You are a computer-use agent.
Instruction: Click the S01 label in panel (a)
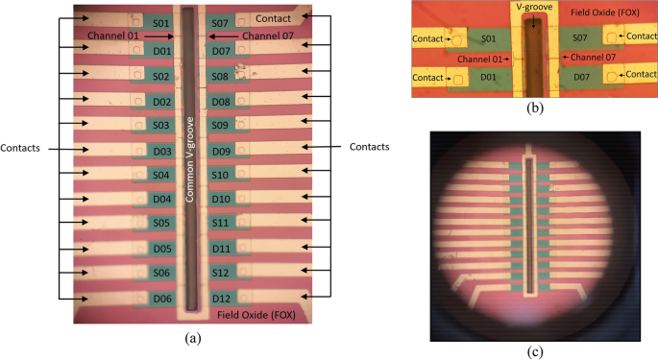pyautogui.click(x=161, y=22)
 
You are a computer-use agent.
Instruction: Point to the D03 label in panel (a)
pyautogui.click(x=161, y=151)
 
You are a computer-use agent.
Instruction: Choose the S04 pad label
pyautogui.click(x=161, y=175)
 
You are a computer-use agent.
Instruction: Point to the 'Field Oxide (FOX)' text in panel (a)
pyautogui.click(x=256, y=316)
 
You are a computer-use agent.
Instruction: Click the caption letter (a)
pyautogui.click(x=191, y=337)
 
